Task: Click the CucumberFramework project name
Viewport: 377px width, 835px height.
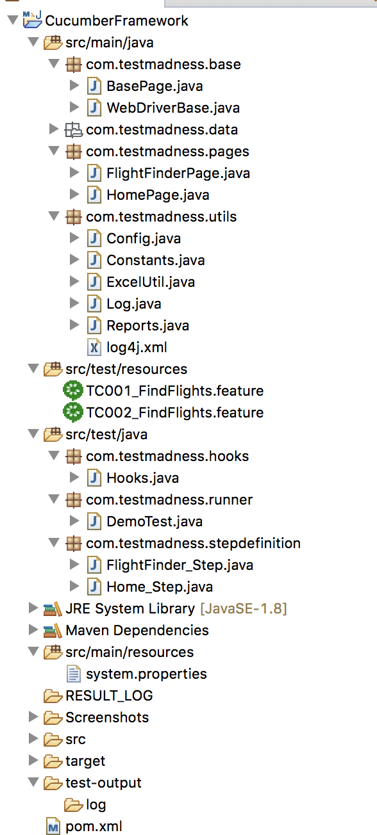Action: coord(117,21)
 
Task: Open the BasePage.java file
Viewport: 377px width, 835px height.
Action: coord(155,86)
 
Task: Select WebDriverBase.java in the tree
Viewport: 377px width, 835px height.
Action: coord(173,108)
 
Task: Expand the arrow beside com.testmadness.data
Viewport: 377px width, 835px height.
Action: coord(54,129)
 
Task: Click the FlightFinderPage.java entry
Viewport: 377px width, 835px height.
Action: coord(178,174)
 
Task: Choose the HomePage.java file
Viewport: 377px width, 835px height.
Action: coord(158,195)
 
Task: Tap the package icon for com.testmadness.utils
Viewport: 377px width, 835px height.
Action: coord(73,217)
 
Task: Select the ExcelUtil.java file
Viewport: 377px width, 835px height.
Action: coord(151,282)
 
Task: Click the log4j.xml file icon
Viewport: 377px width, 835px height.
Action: coord(94,348)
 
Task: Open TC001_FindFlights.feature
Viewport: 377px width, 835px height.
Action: coord(174,391)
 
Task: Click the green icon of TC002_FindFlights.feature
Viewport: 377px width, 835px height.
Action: coord(73,412)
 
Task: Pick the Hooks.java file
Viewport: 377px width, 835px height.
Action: coord(142,478)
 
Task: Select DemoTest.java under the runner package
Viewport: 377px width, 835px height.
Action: coord(155,521)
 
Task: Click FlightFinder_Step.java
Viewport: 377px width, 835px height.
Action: coord(180,565)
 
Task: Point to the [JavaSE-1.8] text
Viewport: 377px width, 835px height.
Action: coord(244,609)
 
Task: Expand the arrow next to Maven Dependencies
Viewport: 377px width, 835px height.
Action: coord(33,630)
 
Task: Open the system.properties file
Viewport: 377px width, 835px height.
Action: coord(146,674)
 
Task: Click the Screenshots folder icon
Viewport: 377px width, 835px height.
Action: coord(53,718)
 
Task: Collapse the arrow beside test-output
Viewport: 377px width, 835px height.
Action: coord(33,782)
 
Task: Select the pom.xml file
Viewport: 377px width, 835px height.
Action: coord(94,827)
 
